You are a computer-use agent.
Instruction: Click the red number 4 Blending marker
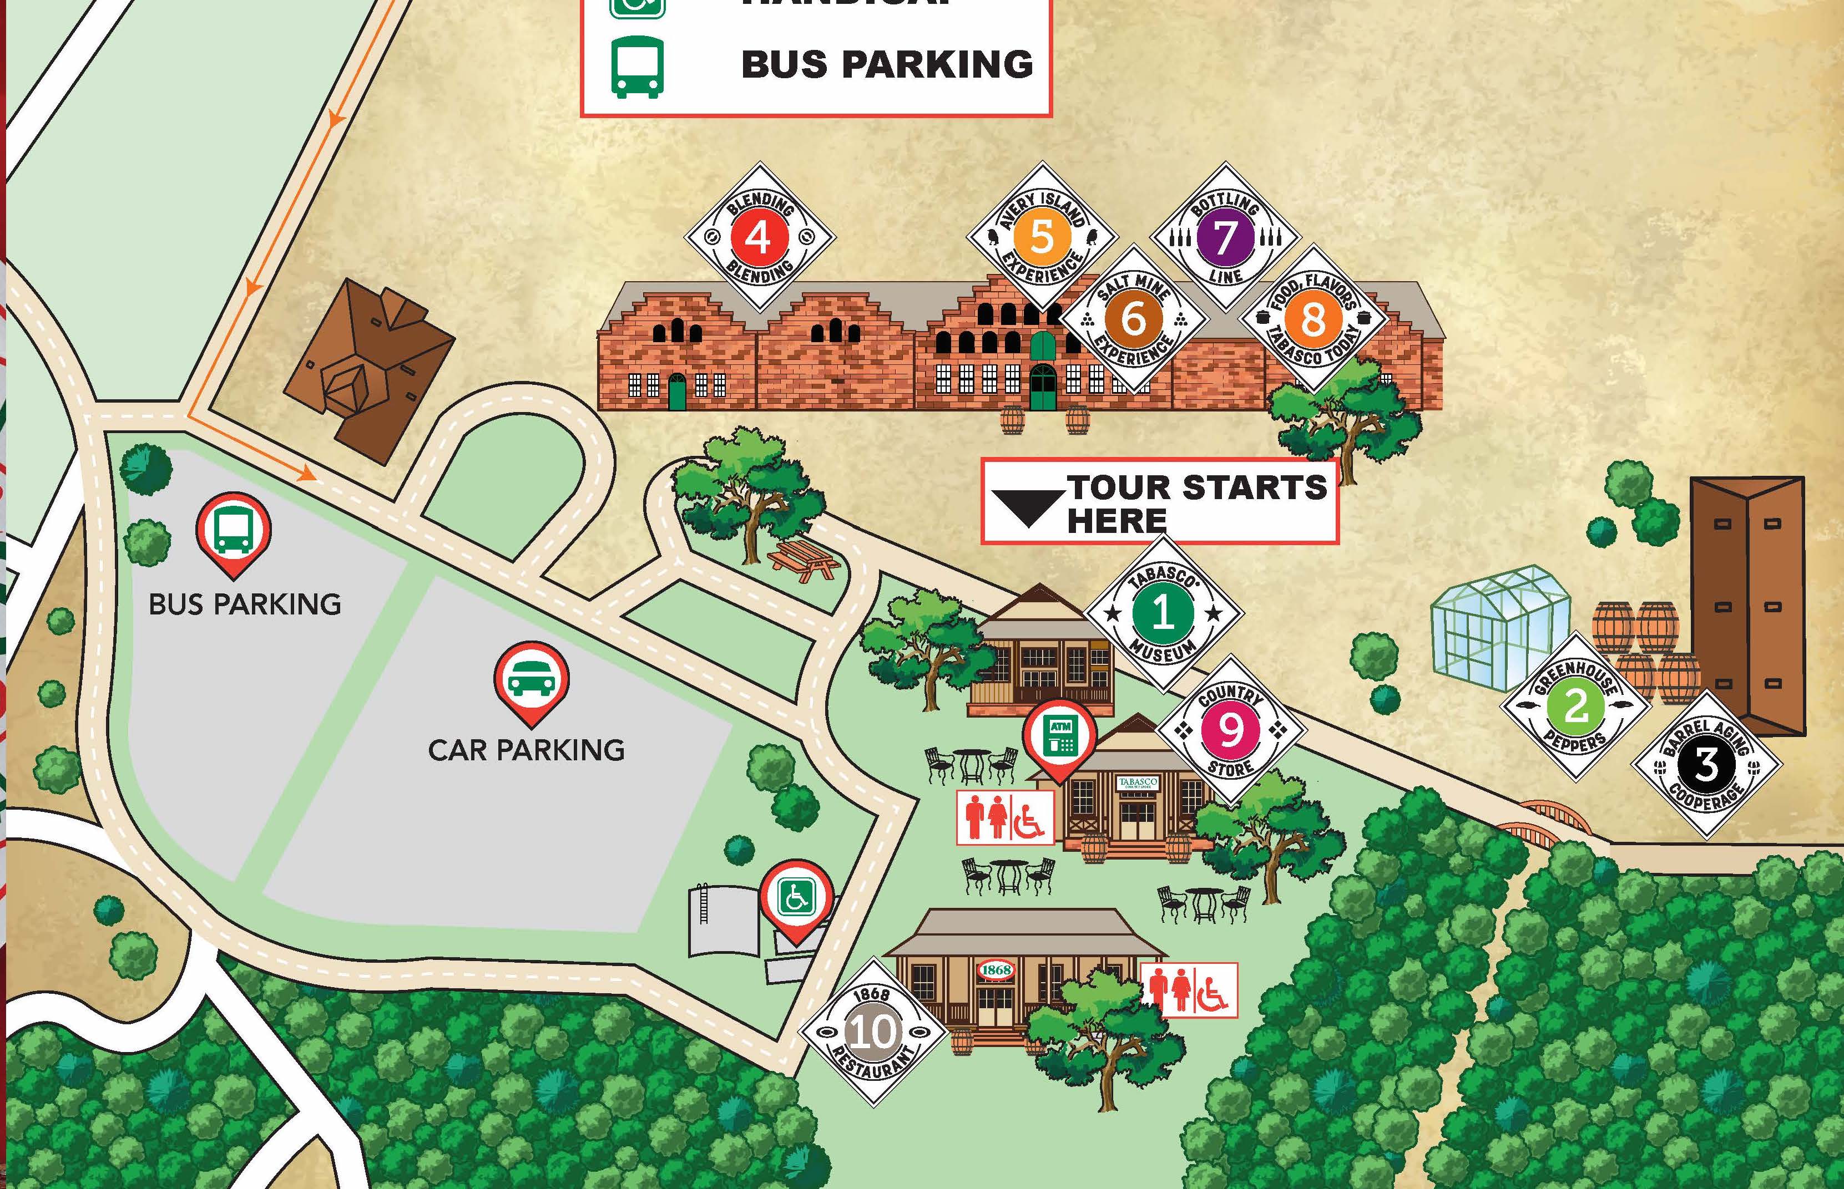coord(759,237)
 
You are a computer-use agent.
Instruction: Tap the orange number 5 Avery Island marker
coord(1042,236)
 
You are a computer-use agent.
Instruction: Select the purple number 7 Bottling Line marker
coord(1225,237)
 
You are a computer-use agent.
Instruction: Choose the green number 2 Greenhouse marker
coord(1575,705)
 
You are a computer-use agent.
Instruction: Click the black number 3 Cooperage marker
coord(1706,764)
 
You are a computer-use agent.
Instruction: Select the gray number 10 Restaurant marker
coord(873,1032)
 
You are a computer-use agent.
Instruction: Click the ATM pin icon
coord(1060,736)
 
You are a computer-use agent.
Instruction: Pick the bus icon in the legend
coord(638,67)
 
